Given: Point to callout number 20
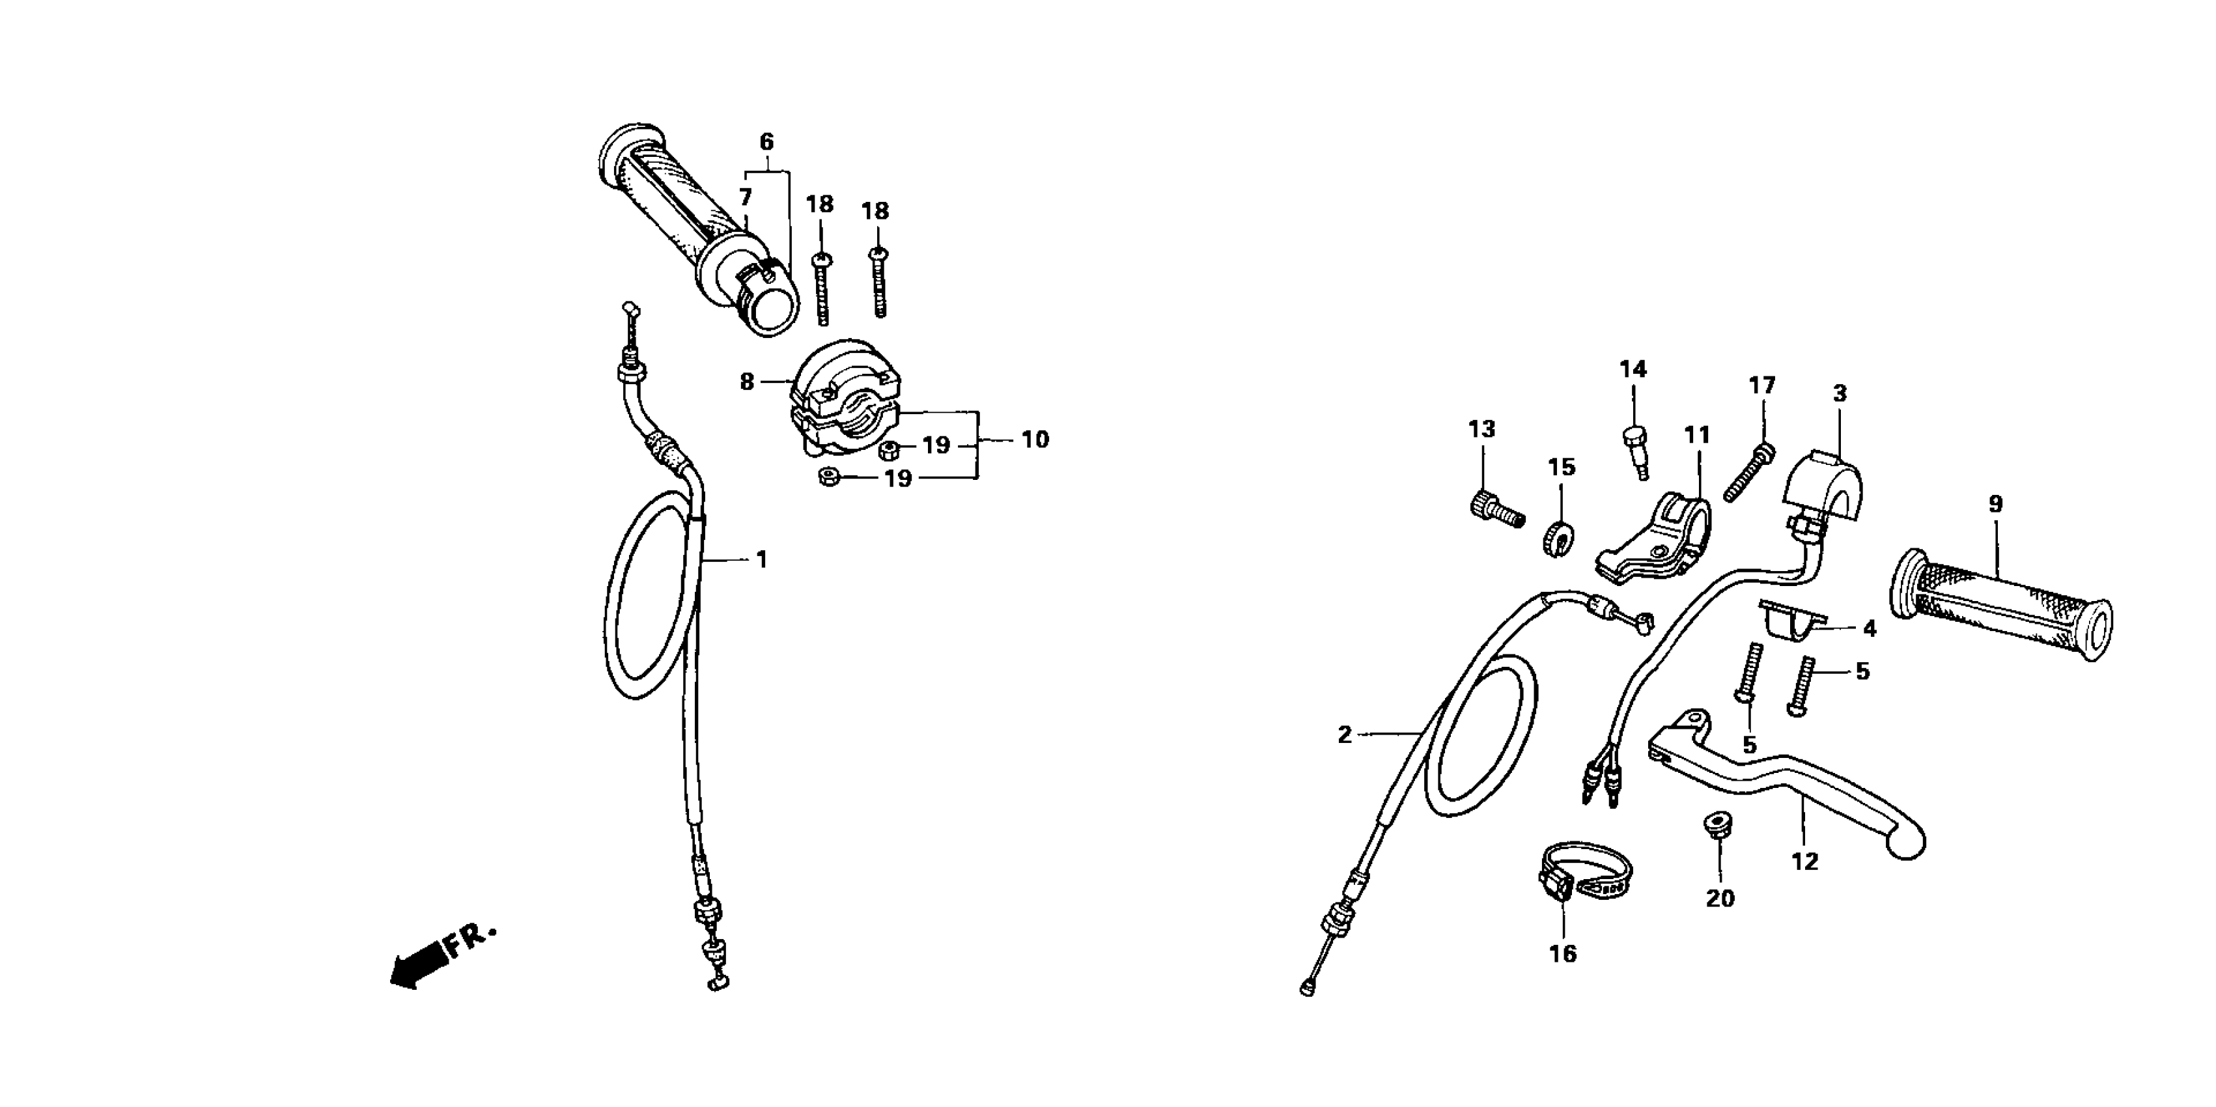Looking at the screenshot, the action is [x=1720, y=899].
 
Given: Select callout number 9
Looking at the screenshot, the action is [x=1995, y=505].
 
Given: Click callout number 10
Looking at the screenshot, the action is [x=1035, y=440].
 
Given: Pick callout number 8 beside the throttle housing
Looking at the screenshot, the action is [x=747, y=381].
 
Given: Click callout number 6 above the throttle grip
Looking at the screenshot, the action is [x=766, y=142].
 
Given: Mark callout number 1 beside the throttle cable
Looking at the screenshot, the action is [x=761, y=560].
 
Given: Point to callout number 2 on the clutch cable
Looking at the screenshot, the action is [x=1345, y=735].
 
